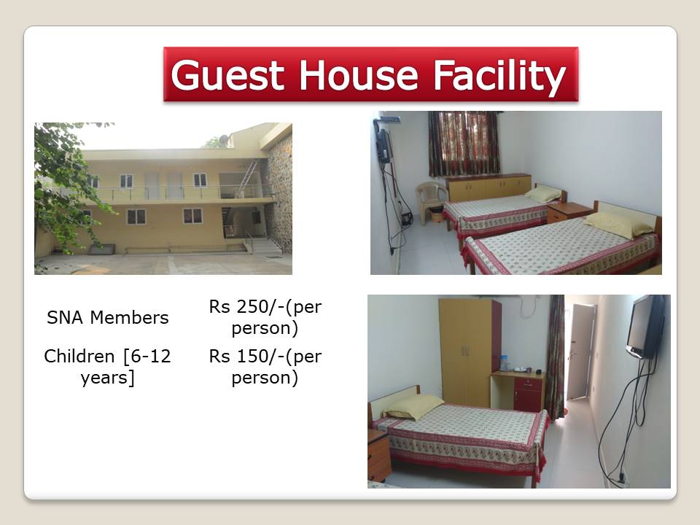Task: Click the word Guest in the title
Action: click(x=227, y=75)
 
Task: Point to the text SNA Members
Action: click(x=108, y=318)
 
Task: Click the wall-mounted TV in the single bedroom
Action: click(x=645, y=325)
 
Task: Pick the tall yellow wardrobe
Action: click(x=469, y=353)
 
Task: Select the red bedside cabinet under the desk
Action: click(x=529, y=394)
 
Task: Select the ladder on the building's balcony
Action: click(x=248, y=179)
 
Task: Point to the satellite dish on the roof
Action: click(x=223, y=140)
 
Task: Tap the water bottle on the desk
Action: click(x=505, y=363)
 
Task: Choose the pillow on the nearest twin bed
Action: click(x=618, y=224)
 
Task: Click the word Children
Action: click(x=79, y=357)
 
